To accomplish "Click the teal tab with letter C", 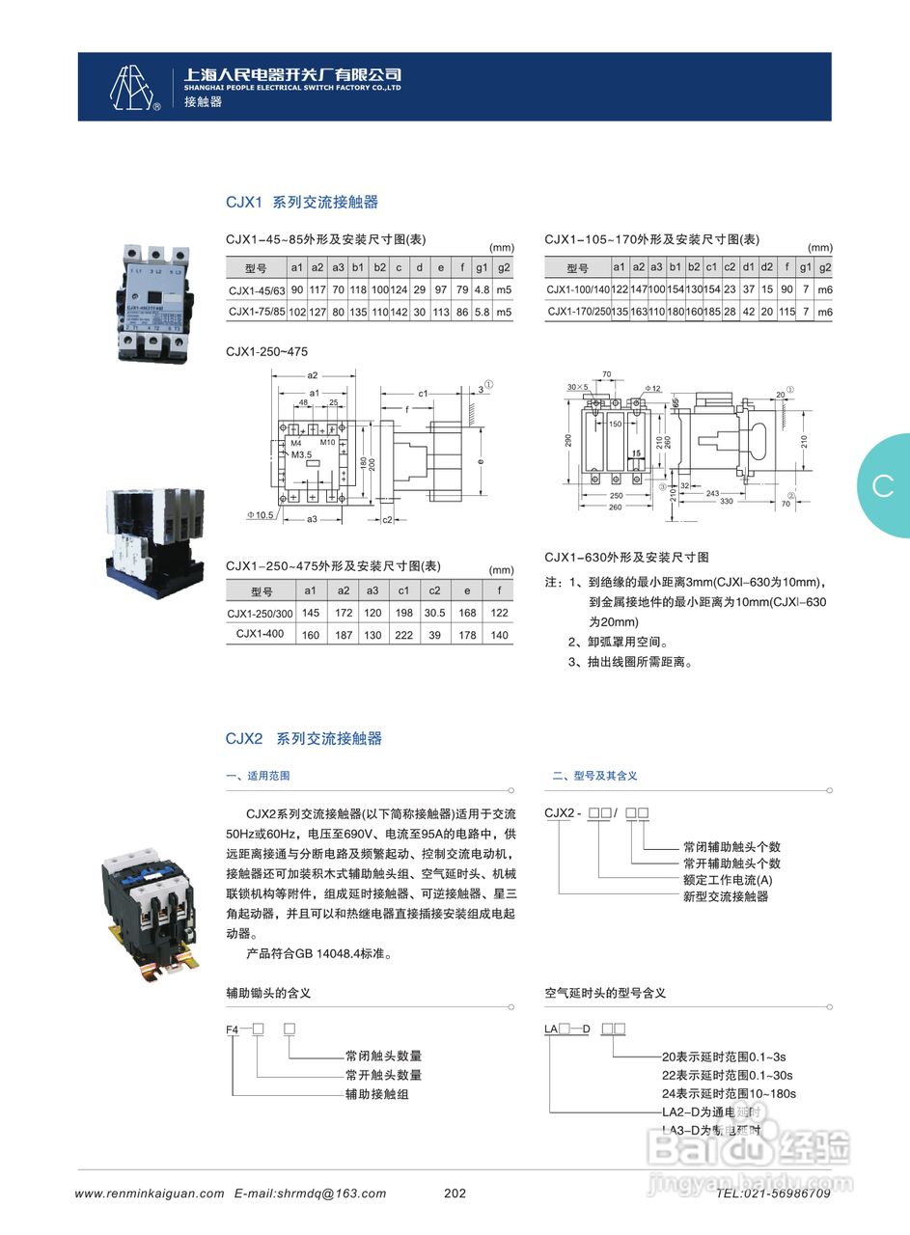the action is pyautogui.click(x=883, y=486).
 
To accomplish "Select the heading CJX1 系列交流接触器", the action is pyautogui.click(x=302, y=203).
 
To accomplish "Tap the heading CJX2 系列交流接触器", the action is pyautogui.click(x=304, y=739).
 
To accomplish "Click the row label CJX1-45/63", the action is pyautogui.click(x=257, y=290).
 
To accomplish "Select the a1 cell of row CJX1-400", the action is pyautogui.click(x=310, y=635).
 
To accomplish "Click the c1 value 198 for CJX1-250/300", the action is pyautogui.click(x=403, y=613).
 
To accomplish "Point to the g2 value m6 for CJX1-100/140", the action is pyautogui.click(x=824, y=289).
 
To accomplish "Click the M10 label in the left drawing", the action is pyautogui.click(x=327, y=442).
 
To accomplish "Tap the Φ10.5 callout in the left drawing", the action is pyautogui.click(x=260, y=515).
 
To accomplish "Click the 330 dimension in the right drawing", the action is pyautogui.click(x=726, y=501).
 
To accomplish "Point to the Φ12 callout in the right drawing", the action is pyautogui.click(x=653, y=389).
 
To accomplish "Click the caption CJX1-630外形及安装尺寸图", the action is pyautogui.click(x=626, y=558).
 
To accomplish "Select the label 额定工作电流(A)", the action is pyautogui.click(x=728, y=880).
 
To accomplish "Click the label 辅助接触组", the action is pyautogui.click(x=377, y=1094).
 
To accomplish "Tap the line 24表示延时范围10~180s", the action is pyautogui.click(x=729, y=1093).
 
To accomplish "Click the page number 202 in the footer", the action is pyautogui.click(x=455, y=1194).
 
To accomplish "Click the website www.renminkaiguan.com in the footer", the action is pyautogui.click(x=150, y=1194).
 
